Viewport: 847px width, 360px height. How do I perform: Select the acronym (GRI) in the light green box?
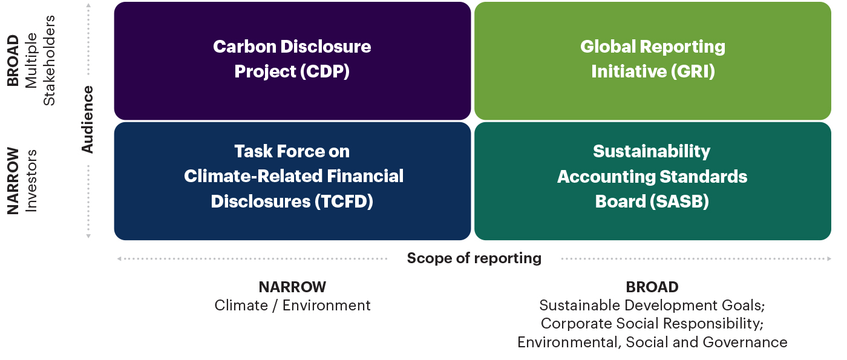coord(693,71)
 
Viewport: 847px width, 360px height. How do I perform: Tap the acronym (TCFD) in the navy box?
coord(344,201)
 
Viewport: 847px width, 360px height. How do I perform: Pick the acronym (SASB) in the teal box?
coord(679,201)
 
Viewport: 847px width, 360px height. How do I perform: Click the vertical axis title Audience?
coord(87,120)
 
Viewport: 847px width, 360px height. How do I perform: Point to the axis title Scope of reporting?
coord(474,258)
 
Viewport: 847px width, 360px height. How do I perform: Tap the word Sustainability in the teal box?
coord(652,151)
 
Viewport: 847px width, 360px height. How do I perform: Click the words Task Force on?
coord(292,151)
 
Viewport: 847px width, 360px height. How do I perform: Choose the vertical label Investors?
coord(31,181)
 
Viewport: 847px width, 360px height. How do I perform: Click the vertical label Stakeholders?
coord(49,61)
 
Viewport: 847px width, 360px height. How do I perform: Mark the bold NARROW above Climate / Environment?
coord(292,287)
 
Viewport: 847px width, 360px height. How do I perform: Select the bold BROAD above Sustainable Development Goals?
coord(652,287)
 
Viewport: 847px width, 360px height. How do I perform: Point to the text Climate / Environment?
coord(292,306)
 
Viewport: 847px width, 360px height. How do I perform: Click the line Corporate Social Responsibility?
coord(652,324)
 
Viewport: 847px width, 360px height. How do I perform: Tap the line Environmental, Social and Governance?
coord(652,342)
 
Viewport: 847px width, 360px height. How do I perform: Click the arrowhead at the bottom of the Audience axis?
coord(88,237)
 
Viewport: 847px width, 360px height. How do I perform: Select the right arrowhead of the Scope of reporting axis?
coord(829,259)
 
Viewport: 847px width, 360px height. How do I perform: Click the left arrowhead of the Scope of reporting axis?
coord(119,259)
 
